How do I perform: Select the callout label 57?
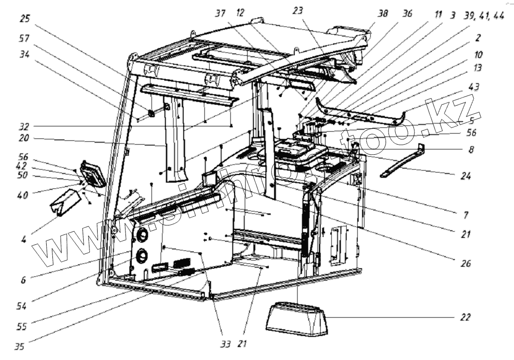pyautogui.click(x=25, y=37)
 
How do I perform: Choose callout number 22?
pyautogui.click(x=465, y=318)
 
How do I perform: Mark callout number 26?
pyautogui.click(x=465, y=263)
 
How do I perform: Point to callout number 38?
pyautogui.click(x=383, y=14)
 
